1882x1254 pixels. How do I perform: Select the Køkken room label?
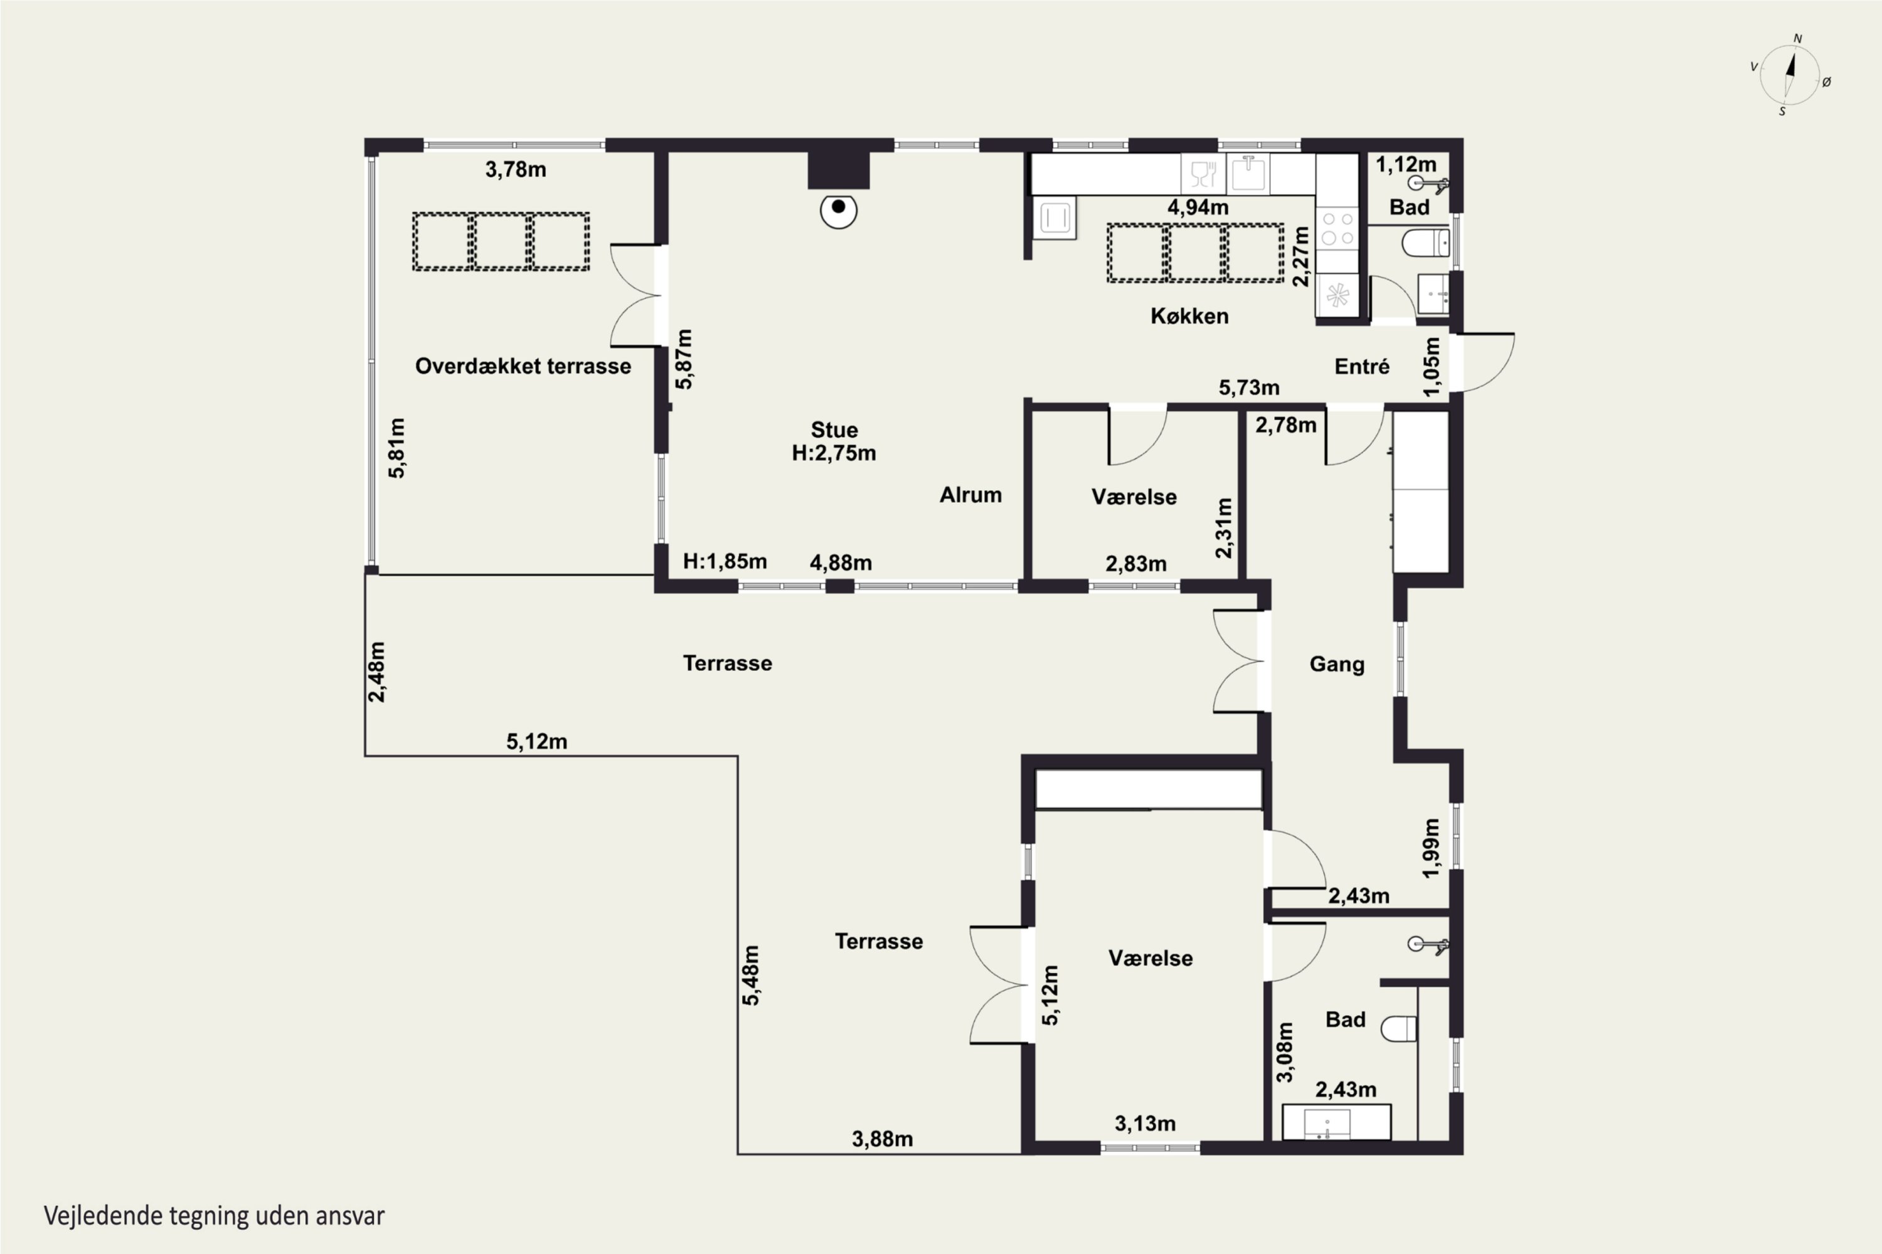[1189, 316]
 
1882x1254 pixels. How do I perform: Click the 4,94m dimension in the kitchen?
[1198, 207]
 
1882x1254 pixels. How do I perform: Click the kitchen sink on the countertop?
[1248, 174]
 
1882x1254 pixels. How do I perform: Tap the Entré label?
[1362, 366]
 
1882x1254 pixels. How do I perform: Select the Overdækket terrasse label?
[523, 366]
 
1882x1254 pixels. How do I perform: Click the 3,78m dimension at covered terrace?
[515, 169]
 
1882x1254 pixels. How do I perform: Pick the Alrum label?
[970, 495]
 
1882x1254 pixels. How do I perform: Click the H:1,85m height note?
[724, 561]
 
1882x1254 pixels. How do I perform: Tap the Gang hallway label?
[1336, 664]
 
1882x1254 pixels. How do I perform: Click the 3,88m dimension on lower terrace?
[882, 1139]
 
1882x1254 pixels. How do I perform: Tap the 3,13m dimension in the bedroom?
[1145, 1124]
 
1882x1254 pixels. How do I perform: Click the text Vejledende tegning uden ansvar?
[214, 1216]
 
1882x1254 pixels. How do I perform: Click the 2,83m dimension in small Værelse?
[1135, 564]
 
